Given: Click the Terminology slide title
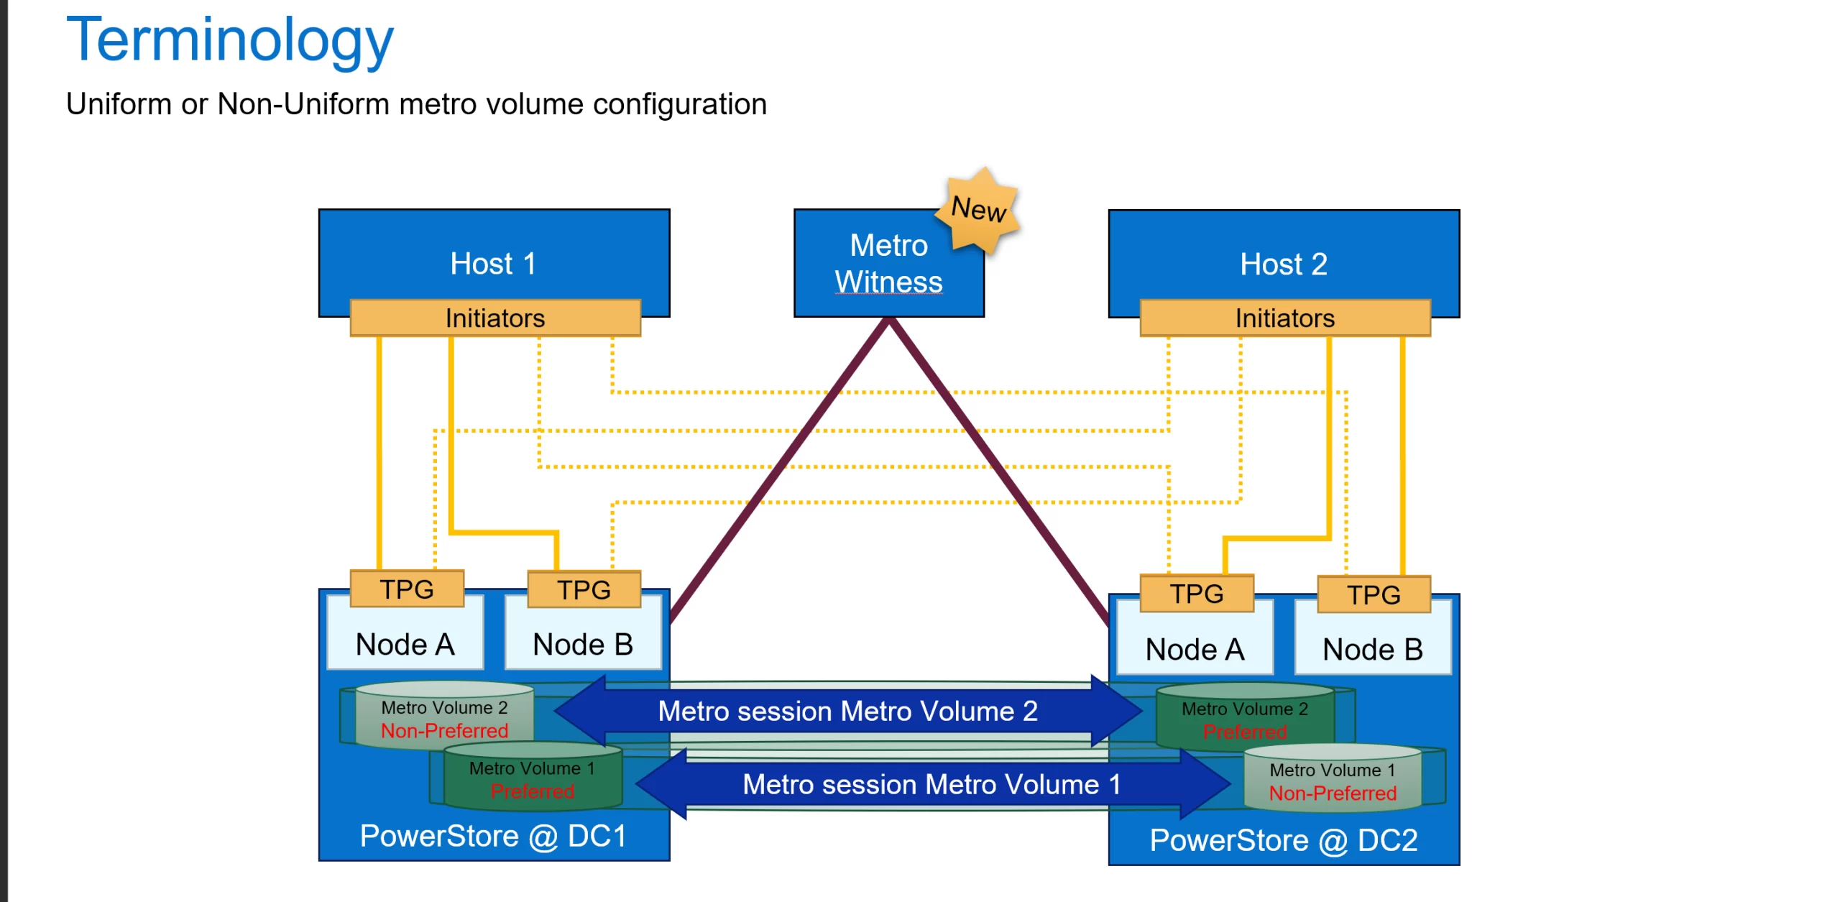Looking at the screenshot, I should coord(229,40).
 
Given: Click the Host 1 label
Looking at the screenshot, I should coord(493,264).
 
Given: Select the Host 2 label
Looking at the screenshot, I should coord(1283,264).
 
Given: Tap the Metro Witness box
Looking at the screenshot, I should coord(888,264).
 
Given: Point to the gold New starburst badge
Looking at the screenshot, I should coord(979,209).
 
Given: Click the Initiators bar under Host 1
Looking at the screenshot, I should coord(495,318).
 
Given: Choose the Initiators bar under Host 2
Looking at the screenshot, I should coord(1284,318).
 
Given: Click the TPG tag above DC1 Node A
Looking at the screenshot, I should coord(407,589).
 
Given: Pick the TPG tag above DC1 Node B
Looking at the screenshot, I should coord(584,590).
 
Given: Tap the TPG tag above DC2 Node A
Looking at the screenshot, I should coord(1196,594).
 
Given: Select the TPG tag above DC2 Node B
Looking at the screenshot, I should coord(1374,595).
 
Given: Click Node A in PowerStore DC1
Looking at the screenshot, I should coord(405,644).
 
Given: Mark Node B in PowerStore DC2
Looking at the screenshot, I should coord(1373,649).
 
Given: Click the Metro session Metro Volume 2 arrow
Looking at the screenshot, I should coord(847,711).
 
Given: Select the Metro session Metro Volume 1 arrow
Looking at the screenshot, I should coord(931,784).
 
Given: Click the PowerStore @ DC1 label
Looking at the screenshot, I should coord(493,836).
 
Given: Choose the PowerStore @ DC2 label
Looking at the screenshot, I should coord(1283,840).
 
